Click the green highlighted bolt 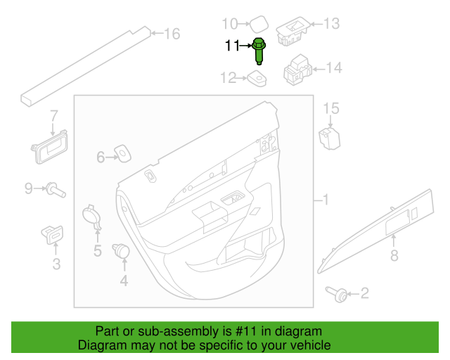[259, 51]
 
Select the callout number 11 [232, 46]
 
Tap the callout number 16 [172, 34]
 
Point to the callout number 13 [332, 23]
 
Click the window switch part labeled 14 [297, 70]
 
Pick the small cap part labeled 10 [259, 24]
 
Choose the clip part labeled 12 [257, 79]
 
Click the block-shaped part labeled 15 [330, 139]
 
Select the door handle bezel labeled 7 [50, 148]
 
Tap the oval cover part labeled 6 [123, 153]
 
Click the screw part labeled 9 [56, 190]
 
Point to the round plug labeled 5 [92, 217]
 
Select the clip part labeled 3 [52, 235]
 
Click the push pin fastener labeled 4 [121, 251]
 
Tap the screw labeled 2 [337, 295]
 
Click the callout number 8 [394, 255]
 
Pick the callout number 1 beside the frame [326, 200]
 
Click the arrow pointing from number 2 [353, 294]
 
